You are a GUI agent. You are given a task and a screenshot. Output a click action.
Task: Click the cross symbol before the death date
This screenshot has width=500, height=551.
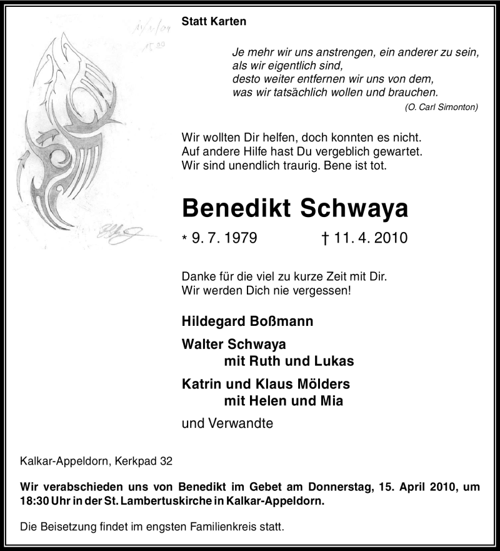322,238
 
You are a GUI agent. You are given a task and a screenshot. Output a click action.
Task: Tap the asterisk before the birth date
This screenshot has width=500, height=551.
184,239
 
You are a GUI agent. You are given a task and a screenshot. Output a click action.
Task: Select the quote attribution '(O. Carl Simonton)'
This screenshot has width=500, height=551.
441,107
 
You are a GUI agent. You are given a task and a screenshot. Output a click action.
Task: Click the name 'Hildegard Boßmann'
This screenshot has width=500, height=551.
247,321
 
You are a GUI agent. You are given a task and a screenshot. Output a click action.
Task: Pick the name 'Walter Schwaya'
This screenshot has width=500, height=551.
234,344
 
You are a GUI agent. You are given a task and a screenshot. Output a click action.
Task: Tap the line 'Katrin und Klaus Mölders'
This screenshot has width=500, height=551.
266,384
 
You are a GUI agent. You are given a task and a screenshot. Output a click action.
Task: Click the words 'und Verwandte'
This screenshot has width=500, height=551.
227,423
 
